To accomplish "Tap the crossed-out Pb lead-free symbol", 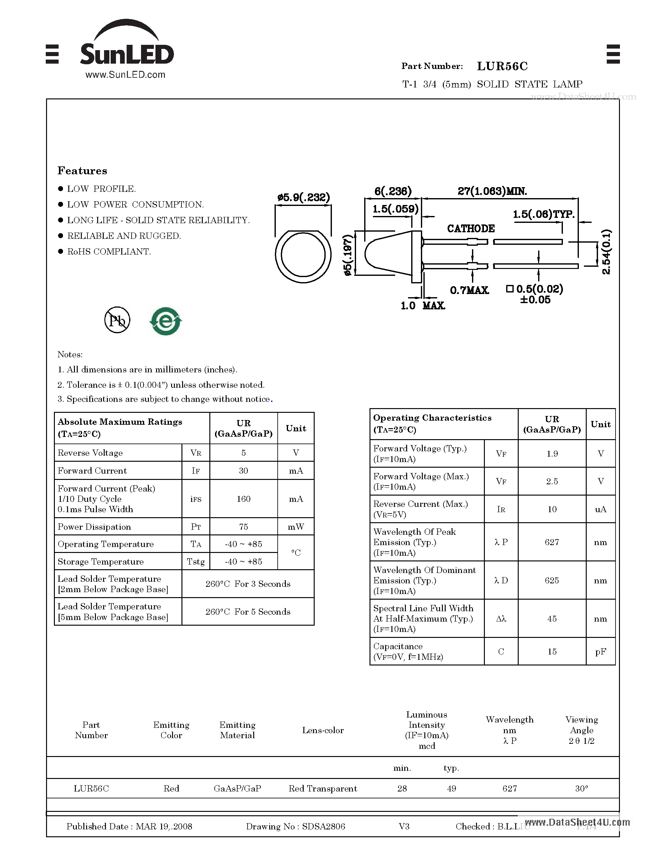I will point(117,320).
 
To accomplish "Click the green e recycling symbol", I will point(166,321).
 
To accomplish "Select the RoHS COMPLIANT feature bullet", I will point(109,251).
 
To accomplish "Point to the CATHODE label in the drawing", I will point(471,229).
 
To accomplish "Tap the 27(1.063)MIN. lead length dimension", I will point(492,192).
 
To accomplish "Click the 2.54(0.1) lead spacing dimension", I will point(606,252).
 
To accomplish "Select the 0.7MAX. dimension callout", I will point(469,291).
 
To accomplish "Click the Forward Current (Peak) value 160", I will point(244,499).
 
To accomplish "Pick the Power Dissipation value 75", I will point(244,527).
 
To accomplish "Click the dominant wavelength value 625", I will point(552,581).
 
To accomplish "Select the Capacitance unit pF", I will point(600,652).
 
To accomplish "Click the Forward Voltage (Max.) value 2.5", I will point(552,481).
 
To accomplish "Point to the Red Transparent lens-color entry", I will point(323,789).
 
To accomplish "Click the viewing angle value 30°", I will point(582,789).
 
